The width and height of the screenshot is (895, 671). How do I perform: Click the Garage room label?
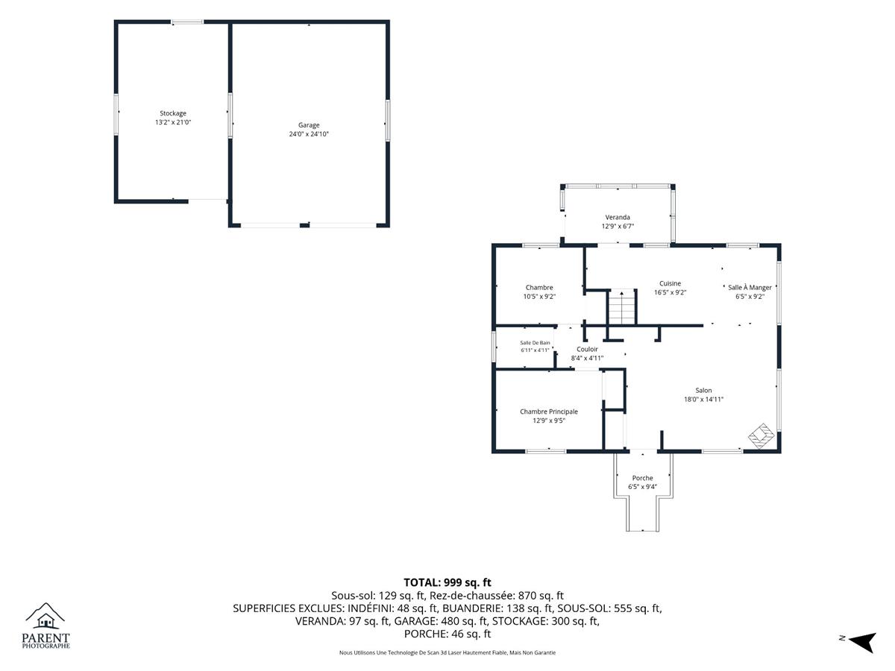tap(309, 125)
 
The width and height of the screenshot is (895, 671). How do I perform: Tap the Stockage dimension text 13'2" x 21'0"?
tap(173, 122)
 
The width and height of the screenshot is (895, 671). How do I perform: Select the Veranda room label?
tap(618, 217)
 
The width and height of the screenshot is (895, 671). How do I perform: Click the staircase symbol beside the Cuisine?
tap(622, 306)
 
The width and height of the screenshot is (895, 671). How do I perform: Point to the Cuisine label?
tap(670, 283)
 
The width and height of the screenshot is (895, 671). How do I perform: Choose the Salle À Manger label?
tap(750, 287)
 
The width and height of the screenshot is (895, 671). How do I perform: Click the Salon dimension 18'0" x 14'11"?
tap(703, 400)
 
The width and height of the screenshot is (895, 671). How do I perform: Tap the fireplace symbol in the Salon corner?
tap(761, 436)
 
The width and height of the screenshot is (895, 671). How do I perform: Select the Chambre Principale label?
tap(549, 412)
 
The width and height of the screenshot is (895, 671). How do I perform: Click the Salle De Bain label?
tap(535, 343)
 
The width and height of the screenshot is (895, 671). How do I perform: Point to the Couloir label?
tap(587, 349)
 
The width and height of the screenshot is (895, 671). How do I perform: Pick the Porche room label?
tap(643, 478)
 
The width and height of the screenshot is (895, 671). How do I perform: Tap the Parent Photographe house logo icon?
tap(45, 616)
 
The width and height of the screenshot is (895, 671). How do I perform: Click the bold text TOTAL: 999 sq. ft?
tap(447, 582)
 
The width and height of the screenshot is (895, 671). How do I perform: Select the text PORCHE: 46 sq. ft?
tap(447, 634)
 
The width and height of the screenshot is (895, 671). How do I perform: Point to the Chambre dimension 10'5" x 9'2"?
tap(539, 297)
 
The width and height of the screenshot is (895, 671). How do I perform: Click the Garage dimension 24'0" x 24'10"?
tap(309, 134)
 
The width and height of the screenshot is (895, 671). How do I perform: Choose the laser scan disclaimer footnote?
tap(447, 652)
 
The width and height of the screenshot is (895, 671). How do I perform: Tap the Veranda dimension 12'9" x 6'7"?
tap(618, 226)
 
